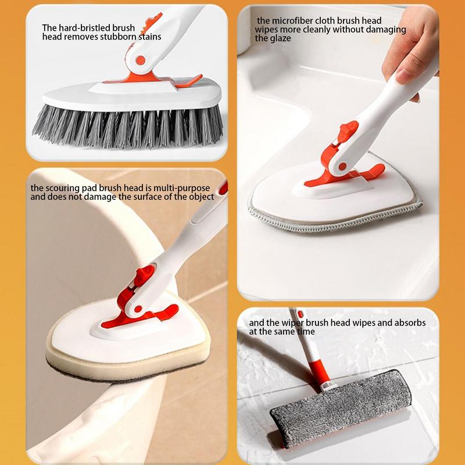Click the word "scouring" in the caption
coord(63,188)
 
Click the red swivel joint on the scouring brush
coord(139,291)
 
